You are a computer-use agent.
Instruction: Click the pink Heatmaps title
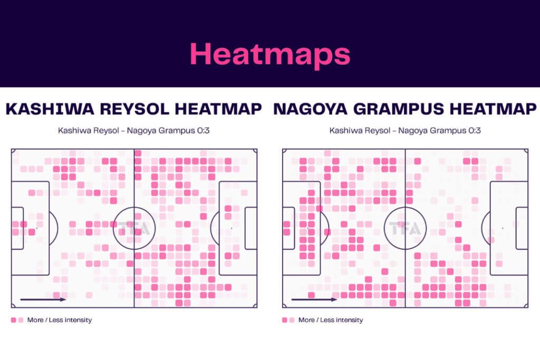pos(269,54)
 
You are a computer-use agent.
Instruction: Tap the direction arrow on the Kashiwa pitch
pos(43,299)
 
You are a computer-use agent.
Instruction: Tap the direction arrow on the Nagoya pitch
pos(314,299)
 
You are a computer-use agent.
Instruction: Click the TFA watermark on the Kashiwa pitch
pos(134,228)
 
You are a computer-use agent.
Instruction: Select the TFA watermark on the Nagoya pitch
pos(405,228)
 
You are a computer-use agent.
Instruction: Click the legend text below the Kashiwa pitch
pos(60,320)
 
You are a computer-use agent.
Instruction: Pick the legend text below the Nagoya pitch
pos(331,320)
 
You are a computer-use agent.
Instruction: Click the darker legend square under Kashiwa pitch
pos(13,320)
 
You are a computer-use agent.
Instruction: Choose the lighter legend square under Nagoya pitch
pos(292,320)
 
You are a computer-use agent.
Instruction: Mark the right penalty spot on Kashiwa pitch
pos(232,228)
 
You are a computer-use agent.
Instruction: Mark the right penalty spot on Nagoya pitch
pos(503,228)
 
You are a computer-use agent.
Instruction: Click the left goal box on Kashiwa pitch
pos(17,228)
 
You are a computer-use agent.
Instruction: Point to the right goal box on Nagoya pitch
pos(522,228)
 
